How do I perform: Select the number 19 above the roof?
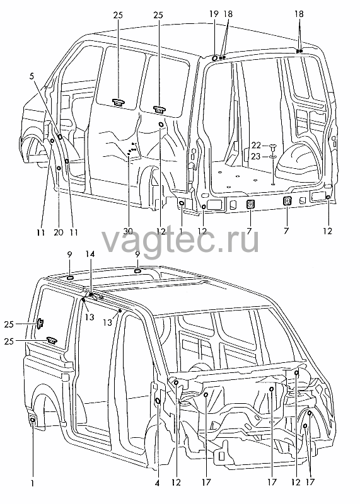pyautogui.click(x=214, y=14)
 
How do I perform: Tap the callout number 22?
pyautogui.click(x=256, y=146)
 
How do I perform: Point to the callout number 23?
pyautogui.click(x=256, y=157)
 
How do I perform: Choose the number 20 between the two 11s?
pyautogui.click(x=59, y=232)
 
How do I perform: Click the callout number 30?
pyautogui.click(x=129, y=232)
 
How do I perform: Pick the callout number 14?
pyautogui.click(x=90, y=254)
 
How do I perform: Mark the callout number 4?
pyautogui.click(x=157, y=483)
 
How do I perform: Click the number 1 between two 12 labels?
pyautogui.click(x=181, y=231)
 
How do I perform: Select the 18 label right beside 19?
pyautogui.click(x=228, y=14)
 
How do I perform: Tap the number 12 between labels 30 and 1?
pyautogui.click(x=161, y=231)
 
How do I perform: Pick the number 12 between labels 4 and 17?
pyautogui.click(x=177, y=483)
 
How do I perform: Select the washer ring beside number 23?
pyautogui.click(x=273, y=157)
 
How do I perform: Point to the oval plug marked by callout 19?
pyautogui.click(x=214, y=58)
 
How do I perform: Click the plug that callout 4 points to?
pyautogui.click(x=158, y=401)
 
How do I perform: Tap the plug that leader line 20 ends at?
pyautogui.click(x=59, y=168)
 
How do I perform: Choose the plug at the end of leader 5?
pyautogui.click(x=60, y=136)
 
